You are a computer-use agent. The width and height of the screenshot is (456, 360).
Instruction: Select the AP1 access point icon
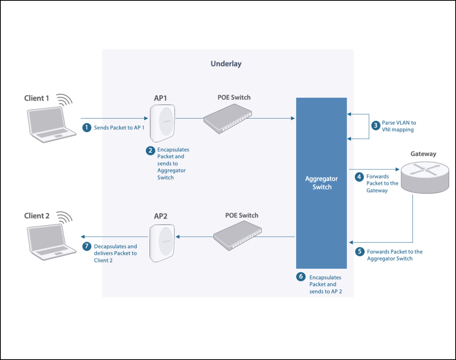(x=163, y=123)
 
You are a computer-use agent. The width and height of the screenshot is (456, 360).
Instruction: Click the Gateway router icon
(x=425, y=176)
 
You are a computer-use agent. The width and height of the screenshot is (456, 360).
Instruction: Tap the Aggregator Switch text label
(x=321, y=183)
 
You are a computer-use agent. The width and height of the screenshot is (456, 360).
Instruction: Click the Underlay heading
(x=226, y=64)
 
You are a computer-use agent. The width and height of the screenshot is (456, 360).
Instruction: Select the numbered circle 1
(x=87, y=128)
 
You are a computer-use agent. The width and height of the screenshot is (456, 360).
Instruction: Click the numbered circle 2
(x=150, y=151)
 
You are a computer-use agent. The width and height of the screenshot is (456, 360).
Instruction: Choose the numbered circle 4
(x=360, y=177)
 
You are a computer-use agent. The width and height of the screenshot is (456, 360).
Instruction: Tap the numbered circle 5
(x=360, y=251)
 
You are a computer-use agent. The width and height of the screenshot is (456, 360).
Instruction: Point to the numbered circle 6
(x=301, y=277)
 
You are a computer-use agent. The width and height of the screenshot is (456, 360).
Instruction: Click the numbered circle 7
(x=87, y=247)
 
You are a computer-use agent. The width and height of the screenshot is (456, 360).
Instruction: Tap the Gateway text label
(x=423, y=154)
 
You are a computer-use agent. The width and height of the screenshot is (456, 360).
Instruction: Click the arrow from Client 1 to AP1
(x=113, y=118)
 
